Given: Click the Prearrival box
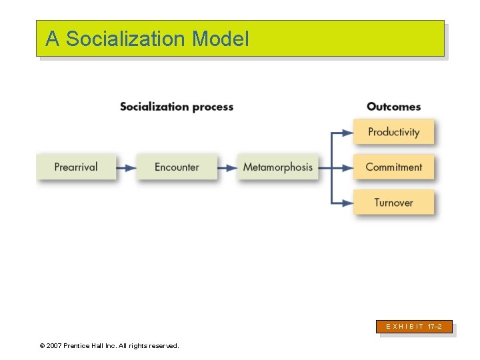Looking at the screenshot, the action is (x=76, y=167).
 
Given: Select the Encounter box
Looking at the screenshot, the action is (x=177, y=167).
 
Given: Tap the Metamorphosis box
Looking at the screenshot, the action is (x=277, y=167).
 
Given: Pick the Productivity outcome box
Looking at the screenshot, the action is (x=393, y=132).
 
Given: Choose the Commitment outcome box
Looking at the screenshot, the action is (x=393, y=167).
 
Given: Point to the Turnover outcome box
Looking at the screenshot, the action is (x=393, y=202).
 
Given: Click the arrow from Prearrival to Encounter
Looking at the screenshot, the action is (x=126, y=167).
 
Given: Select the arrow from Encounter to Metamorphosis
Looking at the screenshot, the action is (x=227, y=167).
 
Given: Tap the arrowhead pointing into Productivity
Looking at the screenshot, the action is (x=347, y=133).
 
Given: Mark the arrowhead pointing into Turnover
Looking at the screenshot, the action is (x=347, y=203).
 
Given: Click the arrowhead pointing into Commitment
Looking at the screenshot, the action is (x=347, y=167).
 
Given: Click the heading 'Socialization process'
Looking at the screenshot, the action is (x=177, y=107).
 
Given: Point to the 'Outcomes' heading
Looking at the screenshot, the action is (x=393, y=107).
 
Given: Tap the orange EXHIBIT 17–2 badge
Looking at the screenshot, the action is (x=414, y=327).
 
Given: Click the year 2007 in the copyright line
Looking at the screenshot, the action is (x=55, y=345).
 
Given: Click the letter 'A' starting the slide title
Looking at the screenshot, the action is (x=52, y=39).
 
